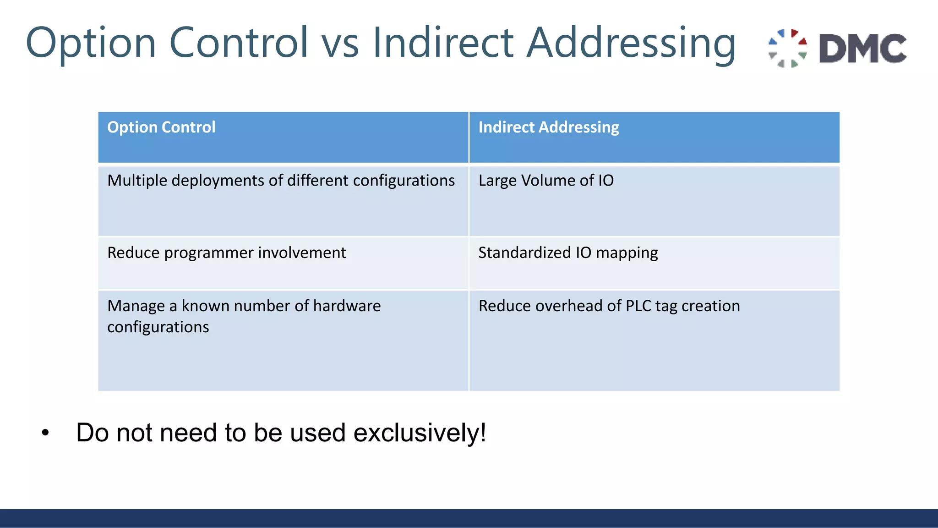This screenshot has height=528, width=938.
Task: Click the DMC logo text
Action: coord(862,48)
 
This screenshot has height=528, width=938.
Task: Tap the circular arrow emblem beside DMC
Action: coord(788,48)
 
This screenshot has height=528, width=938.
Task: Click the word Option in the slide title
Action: coord(91,43)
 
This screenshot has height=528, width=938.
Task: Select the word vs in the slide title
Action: coord(340,43)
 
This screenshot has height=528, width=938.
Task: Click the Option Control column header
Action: coord(161,127)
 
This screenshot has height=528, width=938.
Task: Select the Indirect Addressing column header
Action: coord(548,127)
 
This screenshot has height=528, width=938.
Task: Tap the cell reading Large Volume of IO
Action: coord(546,181)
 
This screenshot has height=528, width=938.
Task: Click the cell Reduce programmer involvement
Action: coord(227,253)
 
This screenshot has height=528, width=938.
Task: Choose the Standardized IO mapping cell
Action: coord(568,253)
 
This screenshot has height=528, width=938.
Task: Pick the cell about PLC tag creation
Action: coord(609,306)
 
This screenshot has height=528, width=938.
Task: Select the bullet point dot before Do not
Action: coord(45,433)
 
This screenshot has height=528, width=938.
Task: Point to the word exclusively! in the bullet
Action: coord(420,433)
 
